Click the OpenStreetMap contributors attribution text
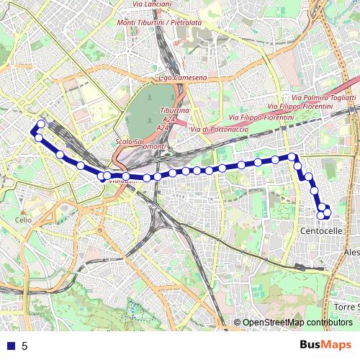[x=297, y=322]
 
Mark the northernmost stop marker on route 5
[x=41, y=124]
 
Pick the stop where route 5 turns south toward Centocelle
[x=292, y=156]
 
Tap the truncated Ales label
[x=351, y=253]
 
